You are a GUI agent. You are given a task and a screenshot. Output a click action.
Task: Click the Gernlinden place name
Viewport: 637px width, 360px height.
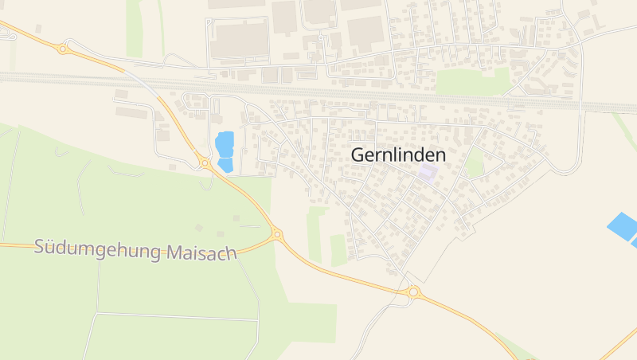[x=398, y=156]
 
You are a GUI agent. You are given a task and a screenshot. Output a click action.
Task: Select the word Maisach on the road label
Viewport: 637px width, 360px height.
[x=202, y=253]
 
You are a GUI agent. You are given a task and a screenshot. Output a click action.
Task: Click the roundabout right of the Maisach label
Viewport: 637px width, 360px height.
[x=277, y=234]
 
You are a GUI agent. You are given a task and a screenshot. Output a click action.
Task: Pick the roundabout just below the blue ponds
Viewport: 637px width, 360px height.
[x=205, y=163]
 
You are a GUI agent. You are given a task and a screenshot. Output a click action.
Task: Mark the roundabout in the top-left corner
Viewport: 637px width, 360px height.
[x=63, y=49]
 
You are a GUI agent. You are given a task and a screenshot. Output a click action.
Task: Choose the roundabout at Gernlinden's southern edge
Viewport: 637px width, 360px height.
[x=412, y=292]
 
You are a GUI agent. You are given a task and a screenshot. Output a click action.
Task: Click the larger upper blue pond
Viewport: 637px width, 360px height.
[x=225, y=143]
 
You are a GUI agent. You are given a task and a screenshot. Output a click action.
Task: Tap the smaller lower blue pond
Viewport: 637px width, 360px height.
[x=225, y=165]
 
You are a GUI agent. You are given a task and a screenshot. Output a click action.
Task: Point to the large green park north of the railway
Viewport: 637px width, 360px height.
[x=472, y=82]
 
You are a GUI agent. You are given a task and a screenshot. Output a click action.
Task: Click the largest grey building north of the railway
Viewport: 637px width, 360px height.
[x=240, y=40]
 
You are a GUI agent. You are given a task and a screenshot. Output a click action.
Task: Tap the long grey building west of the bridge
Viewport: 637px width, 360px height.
[x=131, y=112]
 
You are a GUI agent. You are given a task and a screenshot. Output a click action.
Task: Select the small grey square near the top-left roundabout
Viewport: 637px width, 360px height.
[x=38, y=29]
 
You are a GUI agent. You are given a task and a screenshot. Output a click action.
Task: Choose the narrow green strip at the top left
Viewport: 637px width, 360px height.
[x=134, y=28]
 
